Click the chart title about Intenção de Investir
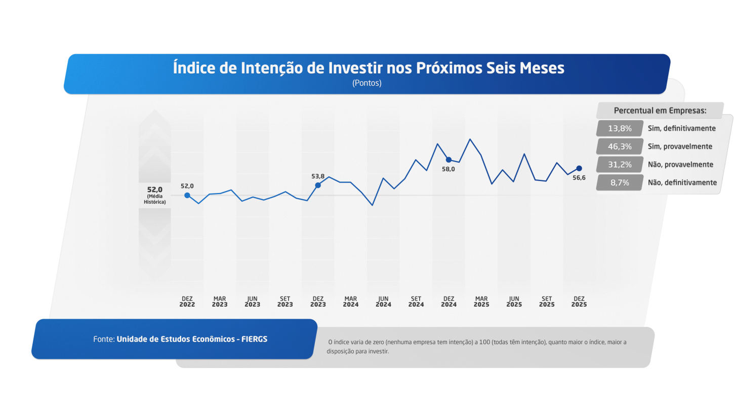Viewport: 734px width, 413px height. (369, 68)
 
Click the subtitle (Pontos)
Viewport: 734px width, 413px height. (366, 84)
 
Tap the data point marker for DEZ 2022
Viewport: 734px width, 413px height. (187, 195)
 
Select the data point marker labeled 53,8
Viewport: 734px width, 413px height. (318, 185)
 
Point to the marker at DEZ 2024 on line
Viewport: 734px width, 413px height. (448, 160)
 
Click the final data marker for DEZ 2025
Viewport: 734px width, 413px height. (579, 168)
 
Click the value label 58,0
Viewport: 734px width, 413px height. (448, 169)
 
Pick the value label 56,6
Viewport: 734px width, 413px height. (579, 178)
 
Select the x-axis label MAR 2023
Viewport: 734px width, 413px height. (220, 302)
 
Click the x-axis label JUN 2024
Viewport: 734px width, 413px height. (383, 302)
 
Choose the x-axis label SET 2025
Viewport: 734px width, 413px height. (547, 302)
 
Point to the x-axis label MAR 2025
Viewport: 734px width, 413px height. (481, 302)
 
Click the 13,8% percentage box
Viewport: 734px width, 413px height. (620, 128)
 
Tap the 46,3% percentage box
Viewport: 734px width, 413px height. (620, 146)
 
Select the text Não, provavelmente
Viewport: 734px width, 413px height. (680, 165)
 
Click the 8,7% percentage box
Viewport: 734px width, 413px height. (620, 182)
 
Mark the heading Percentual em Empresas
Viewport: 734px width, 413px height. (660, 110)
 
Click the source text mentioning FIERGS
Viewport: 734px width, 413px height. (180, 339)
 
